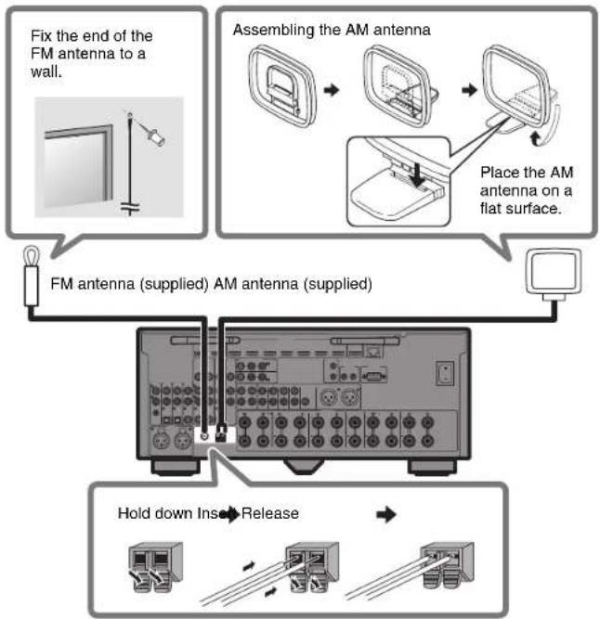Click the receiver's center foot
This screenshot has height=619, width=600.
pyautogui.click(x=300, y=461)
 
